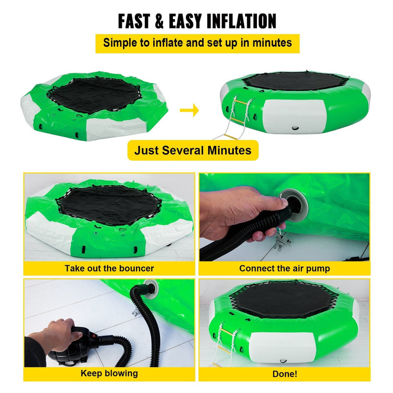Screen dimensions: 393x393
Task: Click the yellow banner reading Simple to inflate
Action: pos(197,43)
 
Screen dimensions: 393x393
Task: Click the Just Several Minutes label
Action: pos(193,150)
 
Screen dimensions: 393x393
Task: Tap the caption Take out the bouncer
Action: pos(109,268)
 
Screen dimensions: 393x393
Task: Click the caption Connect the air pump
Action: pos(284,268)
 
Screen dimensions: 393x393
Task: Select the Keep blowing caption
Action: pos(109,373)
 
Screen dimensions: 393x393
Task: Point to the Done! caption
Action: pos(284,373)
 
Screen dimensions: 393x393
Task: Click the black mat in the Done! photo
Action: pos(285,300)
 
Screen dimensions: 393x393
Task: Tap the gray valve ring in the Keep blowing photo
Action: pos(151,285)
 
